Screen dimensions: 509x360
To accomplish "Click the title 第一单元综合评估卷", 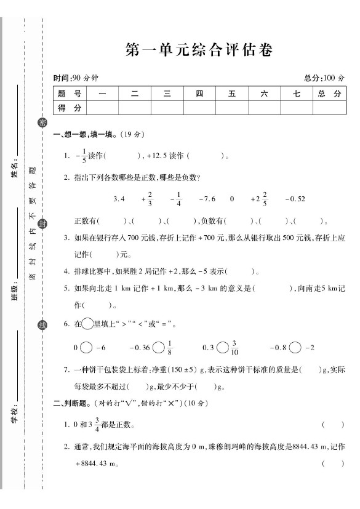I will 198,50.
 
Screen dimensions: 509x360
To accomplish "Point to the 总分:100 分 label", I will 324,78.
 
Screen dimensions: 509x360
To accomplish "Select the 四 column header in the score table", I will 199,94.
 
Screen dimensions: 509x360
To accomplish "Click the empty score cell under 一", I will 102,108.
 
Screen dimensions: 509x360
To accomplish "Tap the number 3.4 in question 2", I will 119,199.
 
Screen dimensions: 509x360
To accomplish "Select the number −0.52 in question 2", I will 295,199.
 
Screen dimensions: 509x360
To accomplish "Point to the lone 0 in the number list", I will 232,199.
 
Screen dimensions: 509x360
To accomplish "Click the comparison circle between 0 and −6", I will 86,348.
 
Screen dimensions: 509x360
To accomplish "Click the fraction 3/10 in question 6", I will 235,348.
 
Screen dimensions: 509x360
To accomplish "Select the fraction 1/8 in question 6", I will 170,348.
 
